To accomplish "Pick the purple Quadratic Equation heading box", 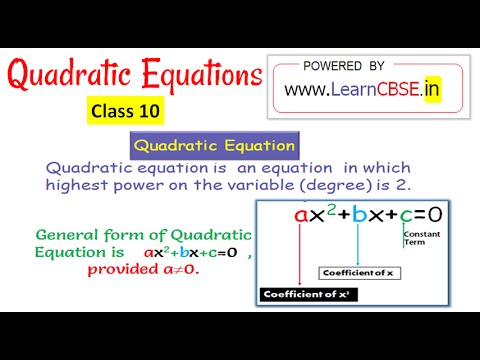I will point(214,146).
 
